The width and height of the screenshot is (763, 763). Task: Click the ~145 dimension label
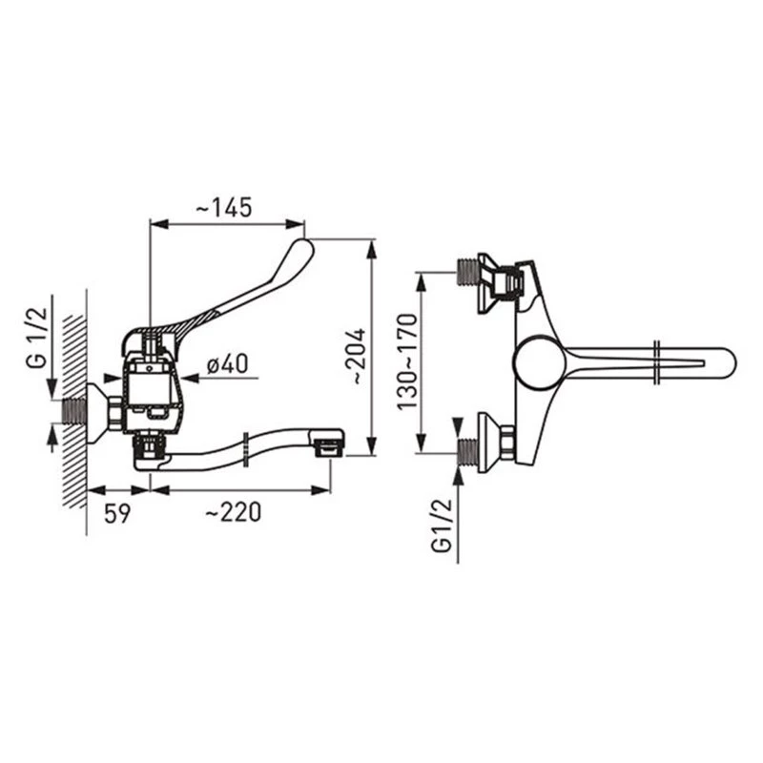click(x=224, y=207)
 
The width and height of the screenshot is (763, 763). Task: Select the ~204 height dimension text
click(x=359, y=357)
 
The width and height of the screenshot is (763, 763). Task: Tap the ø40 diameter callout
click(x=227, y=363)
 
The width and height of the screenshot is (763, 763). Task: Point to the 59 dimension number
click(x=117, y=513)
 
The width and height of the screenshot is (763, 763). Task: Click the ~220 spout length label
click(x=233, y=512)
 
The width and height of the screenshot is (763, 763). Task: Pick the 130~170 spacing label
click(x=407, y=362)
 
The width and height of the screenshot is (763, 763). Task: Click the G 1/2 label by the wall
click(x=37, y=338)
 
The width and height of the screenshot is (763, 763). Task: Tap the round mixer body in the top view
click(x=539, y=361)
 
